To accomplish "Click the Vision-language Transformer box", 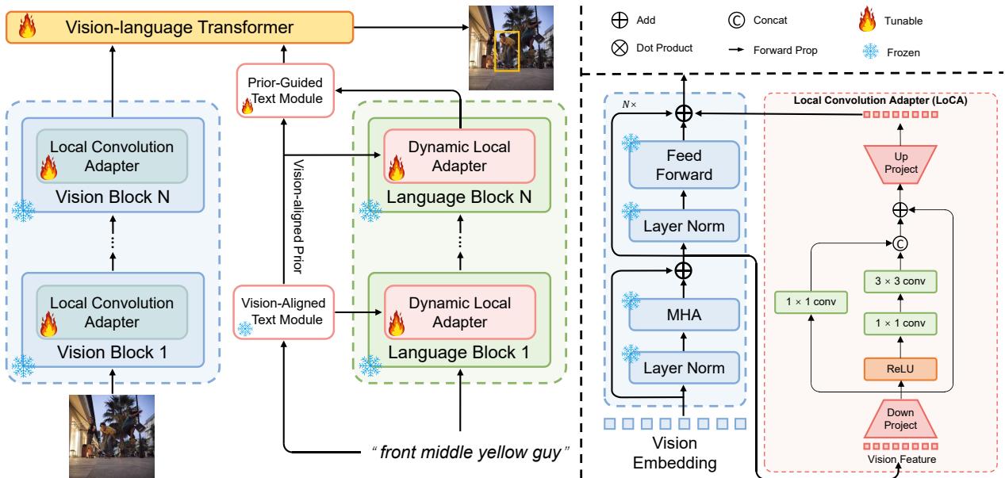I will (x=179, y=29).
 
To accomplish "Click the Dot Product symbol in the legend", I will (x=619, y=48).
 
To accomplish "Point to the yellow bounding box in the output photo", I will (x=506, y=51).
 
